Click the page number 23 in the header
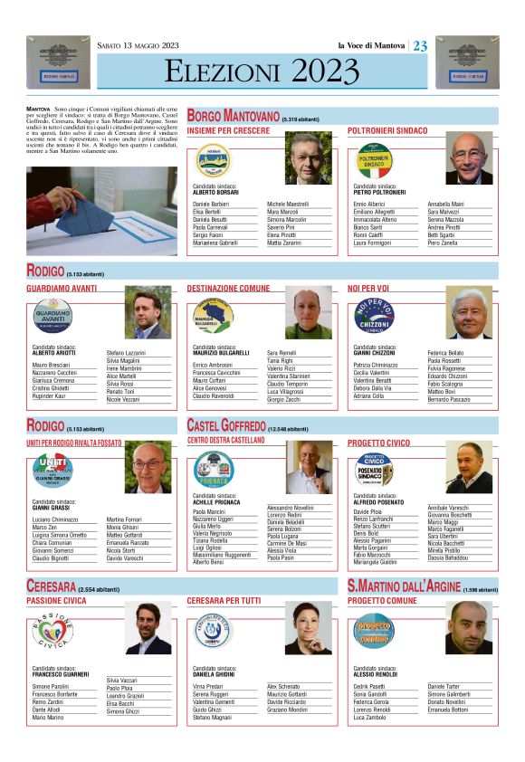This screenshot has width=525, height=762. (420, 46)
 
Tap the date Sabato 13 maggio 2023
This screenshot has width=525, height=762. (138, 46)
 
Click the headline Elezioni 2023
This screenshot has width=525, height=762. (262, 71)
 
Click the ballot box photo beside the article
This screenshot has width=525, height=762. (101, 210)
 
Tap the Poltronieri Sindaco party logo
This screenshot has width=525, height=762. (375, 161)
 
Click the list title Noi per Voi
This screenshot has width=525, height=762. (367, 288)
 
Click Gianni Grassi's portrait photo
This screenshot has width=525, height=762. (148, 468)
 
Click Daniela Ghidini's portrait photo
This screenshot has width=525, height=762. (310, 626)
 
